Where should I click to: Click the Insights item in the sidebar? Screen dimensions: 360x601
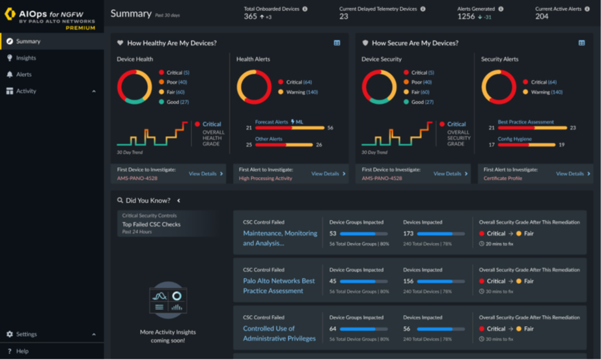pyautogui.click(x=26, y=58)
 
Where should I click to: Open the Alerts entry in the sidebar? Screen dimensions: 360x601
pyautogui.click(x=23, y=74)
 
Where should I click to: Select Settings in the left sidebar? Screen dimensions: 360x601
pyautogui.click(x=26, y=334)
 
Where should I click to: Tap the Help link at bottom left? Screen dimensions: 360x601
pyautogui.click(x=22, y=351)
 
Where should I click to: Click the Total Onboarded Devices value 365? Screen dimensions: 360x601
pyautogui.click(x=251, y=17)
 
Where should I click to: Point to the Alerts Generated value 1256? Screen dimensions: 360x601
pyautogui.click(x=466, y=17)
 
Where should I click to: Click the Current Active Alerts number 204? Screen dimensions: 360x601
pyautogui.click(x=542, y=17)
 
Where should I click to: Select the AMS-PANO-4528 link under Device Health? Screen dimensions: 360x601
pyautogui.click(x=137, y=178)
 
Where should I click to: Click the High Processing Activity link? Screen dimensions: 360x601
pyautogui.click(x=265, y=178)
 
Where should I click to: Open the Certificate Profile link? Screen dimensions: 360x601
pyautogui.click(x=503, y=178)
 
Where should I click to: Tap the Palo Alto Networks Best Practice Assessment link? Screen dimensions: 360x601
pyautogui.click(x=279, y=286)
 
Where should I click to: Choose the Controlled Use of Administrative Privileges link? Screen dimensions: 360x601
pyautogui.click(x=279, y=333)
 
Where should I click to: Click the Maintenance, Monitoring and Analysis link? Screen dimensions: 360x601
pyautogui.click(x=280, y=238)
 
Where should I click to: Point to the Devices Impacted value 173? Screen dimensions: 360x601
pyautogui.click(x=408, y=233)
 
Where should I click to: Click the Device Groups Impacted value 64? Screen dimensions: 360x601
pyautogui.click(x=333, y=329)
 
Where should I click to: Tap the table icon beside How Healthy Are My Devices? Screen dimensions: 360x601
pyautogui.click(x=337, y=43)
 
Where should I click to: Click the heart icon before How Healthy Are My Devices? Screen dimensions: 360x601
pyautogui.click(x=120, y=43)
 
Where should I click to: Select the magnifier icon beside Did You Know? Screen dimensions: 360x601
pyautogui.click(x=120, y=201)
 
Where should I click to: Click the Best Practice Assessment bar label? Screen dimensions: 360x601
pyautogui.click(x=525, y=122)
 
